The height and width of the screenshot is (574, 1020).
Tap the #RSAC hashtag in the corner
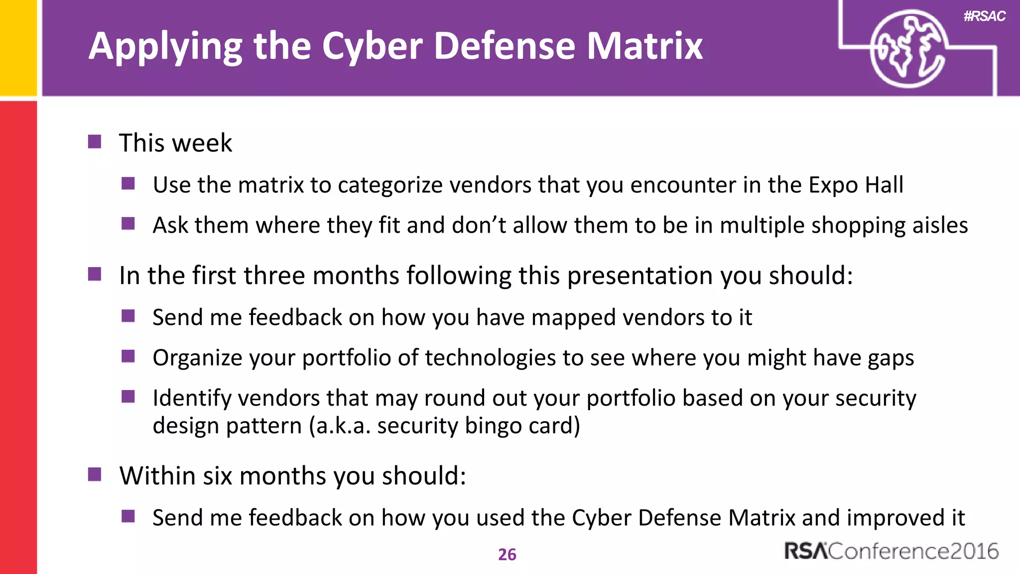pos(984,16)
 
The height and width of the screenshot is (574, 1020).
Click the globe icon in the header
pos(907,49)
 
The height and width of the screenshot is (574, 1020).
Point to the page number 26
pos(507,555)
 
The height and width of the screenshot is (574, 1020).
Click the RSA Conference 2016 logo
pos(891,551)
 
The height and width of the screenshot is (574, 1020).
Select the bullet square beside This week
pos(95,142)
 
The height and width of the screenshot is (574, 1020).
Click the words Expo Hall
pos(856,185)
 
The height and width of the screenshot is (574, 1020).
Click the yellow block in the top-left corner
pos(18,47)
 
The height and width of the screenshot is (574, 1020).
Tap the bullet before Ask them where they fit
pos(128,224)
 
